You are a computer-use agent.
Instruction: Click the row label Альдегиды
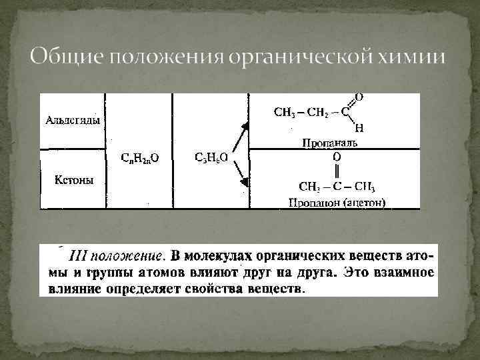pos(73,121)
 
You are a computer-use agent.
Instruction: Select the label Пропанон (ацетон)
pos(337,203)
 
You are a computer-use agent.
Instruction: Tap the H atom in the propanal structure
pos(359,129)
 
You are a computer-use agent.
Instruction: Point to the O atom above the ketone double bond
pos(337,156)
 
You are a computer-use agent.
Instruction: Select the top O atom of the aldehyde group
pos(359,97)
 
